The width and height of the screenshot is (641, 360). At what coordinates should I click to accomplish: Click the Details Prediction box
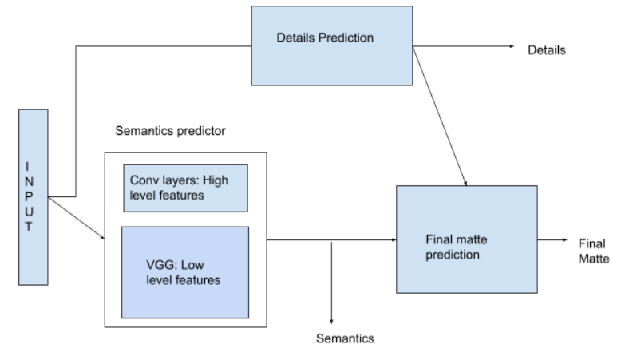(x=332, y=45)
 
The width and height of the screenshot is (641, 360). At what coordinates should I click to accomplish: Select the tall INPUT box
(x=34, y=197)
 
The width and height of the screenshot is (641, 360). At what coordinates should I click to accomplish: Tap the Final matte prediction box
(x=467, y=239)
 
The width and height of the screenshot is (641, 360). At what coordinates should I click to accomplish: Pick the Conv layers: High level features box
(x=186, y=188)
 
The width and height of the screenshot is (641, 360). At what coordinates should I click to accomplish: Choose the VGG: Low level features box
(x=185, y=272)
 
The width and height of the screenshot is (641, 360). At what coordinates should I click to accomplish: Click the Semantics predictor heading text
(x=170, y=131)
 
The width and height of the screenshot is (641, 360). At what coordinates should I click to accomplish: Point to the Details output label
(x=547, y=49)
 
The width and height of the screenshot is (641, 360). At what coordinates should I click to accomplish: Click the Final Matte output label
(x=594, y=251)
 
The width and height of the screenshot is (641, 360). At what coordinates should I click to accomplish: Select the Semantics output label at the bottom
(x=345, y=338)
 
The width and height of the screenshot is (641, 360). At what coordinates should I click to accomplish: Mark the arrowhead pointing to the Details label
(x=512, y=46)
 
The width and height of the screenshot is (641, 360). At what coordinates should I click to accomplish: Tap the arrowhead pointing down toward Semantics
(x=331, y=322)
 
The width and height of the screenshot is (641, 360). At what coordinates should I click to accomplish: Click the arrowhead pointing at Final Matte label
(x=565, y=239)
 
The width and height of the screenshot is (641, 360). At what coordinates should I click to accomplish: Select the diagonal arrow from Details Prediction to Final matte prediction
(x=440, y=116)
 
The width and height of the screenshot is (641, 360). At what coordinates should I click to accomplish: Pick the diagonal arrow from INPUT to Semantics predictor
(x=77, y=218)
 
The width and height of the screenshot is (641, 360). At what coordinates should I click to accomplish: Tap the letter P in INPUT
(x=29, y=196)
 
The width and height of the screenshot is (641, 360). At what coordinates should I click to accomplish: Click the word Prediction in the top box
(x=346, y=38)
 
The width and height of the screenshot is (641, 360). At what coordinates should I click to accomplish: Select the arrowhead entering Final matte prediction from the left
(x=394, y=239)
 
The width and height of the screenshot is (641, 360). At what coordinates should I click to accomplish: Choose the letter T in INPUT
(x=29, y=227)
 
